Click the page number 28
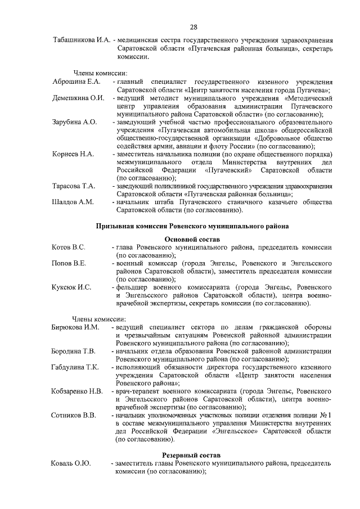192,27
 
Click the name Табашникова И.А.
81,41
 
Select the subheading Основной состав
192,239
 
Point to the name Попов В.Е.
69,263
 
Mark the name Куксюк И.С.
71,287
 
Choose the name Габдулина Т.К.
75,367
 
